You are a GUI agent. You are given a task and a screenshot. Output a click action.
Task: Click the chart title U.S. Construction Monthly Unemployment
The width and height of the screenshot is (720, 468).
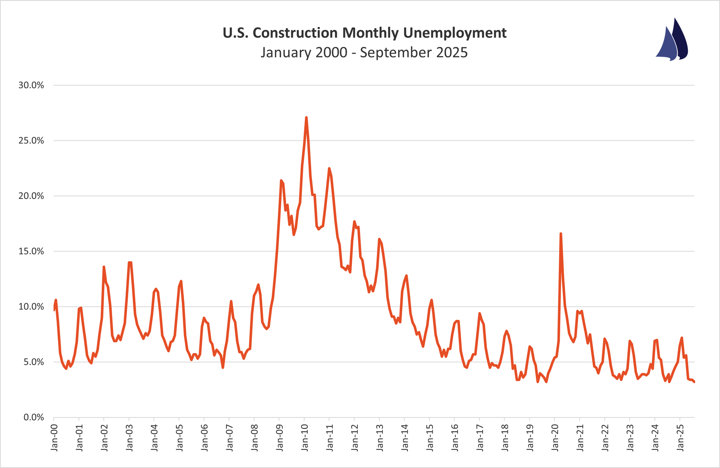(364, 33)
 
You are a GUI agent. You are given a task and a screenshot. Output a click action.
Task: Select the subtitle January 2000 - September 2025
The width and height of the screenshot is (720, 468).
(364, 53)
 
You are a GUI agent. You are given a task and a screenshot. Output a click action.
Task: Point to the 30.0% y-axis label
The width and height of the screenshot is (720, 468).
(31, 85)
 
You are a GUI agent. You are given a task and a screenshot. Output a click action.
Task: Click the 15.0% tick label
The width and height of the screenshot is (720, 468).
(31, 251)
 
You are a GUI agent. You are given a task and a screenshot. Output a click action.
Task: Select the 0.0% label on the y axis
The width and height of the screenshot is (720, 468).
(33, 417)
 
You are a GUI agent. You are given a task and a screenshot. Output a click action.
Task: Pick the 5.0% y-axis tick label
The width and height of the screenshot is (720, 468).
(33, 362)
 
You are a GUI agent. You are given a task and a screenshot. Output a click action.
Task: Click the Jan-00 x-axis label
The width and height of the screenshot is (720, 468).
(54, 438)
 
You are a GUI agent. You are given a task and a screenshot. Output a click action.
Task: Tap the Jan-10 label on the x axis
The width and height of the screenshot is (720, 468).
(304, 438)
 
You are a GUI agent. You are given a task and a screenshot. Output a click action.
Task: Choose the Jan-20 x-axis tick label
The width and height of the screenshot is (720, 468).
(555, 438)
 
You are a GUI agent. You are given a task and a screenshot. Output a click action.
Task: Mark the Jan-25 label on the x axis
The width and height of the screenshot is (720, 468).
(680, 438)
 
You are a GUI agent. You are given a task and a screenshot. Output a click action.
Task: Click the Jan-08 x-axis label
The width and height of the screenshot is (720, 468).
(255, 438)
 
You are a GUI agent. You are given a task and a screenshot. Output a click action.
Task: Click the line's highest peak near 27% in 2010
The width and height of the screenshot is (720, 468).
(306, 117)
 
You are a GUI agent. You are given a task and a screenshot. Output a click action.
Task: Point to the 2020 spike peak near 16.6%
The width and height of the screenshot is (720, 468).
(561, 233)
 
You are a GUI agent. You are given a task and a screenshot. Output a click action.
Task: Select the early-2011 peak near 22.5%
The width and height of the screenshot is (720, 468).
(329, 169)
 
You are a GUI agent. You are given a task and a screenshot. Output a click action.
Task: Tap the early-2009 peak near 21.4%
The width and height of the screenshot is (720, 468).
(281, 181)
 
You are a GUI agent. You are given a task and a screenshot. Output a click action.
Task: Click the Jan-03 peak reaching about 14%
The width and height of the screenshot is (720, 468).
(130, 262)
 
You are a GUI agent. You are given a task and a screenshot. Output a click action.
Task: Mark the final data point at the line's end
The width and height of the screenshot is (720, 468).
(694, 382)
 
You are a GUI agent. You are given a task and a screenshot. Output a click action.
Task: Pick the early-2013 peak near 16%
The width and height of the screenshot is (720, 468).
(379, 239)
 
